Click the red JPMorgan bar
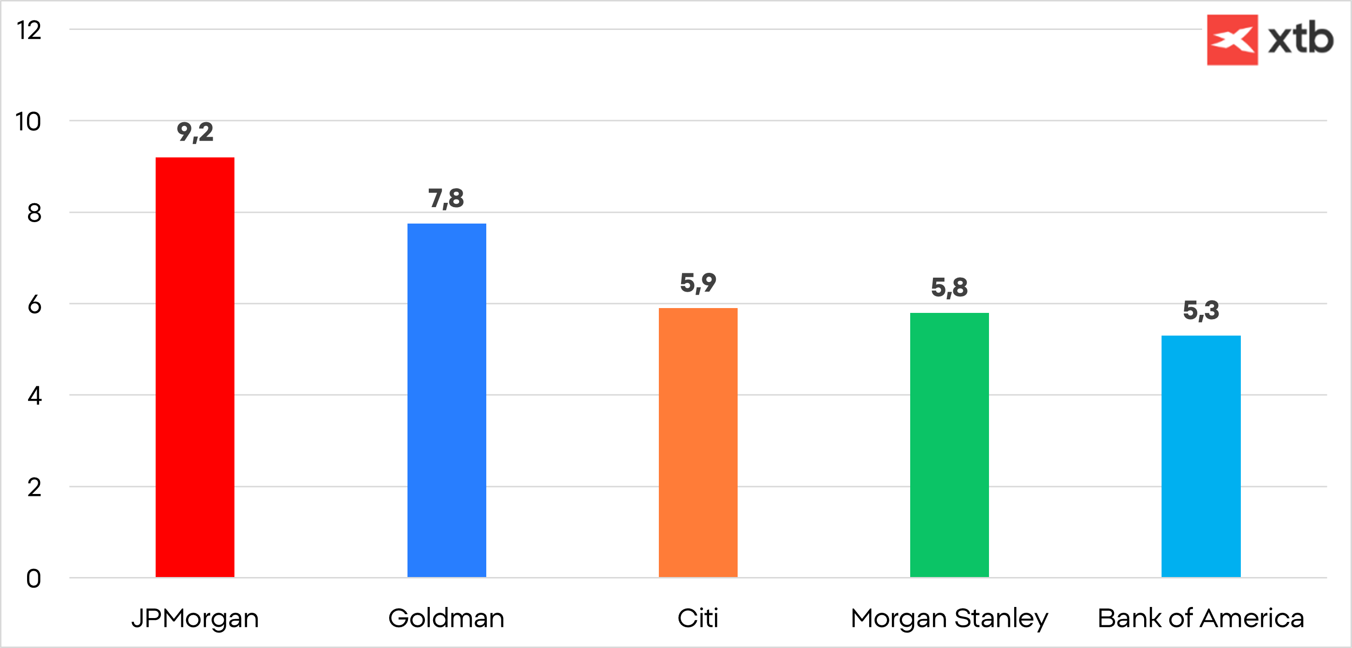coord(195,367)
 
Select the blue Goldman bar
coord(447,400)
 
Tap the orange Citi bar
coord(698,442)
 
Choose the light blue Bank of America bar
coord(1201,456)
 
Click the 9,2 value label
coord(195,132)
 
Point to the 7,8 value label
coord(446,198)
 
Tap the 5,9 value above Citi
coord(698,282)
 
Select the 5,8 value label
coord(949,287)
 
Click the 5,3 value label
coord(1201,310)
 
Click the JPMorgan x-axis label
coord(195,618)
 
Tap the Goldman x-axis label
coord(446,618)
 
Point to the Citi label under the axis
coord(698,618)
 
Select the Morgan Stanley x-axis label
coord(949,618)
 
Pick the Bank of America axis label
coord(1201,618)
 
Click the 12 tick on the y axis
coord(29,30)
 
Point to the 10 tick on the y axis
coord(29,122)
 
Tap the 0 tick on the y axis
coord(33,579)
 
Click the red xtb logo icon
coord(1232,40)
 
